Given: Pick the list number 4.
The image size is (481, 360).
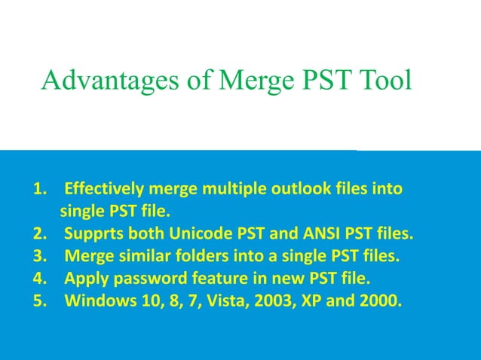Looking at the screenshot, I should pos(40,279).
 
